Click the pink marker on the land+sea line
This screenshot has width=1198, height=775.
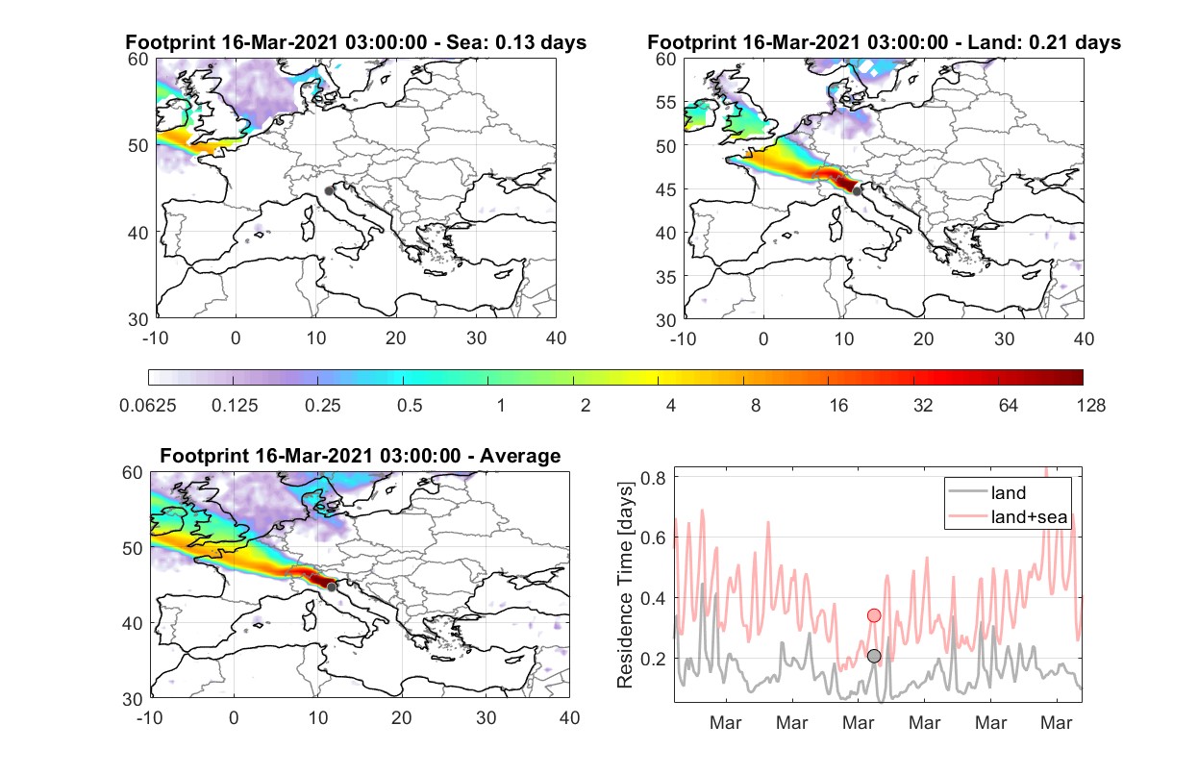[874, 615]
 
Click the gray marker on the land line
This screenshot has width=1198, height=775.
[874, 656]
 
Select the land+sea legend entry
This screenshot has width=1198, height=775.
[1008, 516]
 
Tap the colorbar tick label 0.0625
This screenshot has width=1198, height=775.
[148, 406]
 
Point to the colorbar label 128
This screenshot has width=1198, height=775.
[1090, 406]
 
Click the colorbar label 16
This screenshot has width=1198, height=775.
[838, 406]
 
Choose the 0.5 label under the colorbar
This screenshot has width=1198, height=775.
[410, 406]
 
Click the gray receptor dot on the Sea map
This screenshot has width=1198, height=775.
[329, 191]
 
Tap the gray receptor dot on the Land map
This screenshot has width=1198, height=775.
[857, 191]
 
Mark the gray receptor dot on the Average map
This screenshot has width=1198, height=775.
[332, 587]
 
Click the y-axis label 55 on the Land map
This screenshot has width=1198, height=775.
[666, 102]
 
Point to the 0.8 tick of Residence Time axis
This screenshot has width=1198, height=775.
[654, 477]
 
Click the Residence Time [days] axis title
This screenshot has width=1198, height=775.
[624, 585]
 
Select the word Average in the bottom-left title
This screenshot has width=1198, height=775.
[520, 456]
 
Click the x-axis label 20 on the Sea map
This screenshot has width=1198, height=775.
[396, 338]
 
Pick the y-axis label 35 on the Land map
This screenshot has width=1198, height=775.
[666, 277]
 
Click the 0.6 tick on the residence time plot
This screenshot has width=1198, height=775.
[654, 537]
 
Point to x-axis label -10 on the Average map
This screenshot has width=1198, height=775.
[150, 717]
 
